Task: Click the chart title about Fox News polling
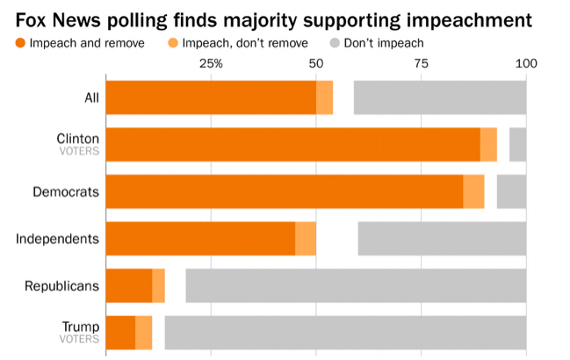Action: click(x=277, y=18)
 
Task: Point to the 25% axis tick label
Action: click(x=211, y=63)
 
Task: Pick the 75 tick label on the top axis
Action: click(x=422, y=63)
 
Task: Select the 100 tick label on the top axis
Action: click(x=525, y=63)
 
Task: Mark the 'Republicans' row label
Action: click(x=61, y=285)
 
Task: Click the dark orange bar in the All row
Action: click(x=211, y=97)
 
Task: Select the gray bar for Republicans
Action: click(x=356, y=285)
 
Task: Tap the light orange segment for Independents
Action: click(x=306, y=238)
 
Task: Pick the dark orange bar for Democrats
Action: click(x=284, y=191)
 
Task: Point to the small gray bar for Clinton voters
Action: click(x=517, y=144)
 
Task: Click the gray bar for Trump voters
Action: click(x=345, y=333)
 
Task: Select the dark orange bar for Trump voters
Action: click(x=120, y=333)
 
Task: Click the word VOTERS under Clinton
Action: click(x=79, y=151)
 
